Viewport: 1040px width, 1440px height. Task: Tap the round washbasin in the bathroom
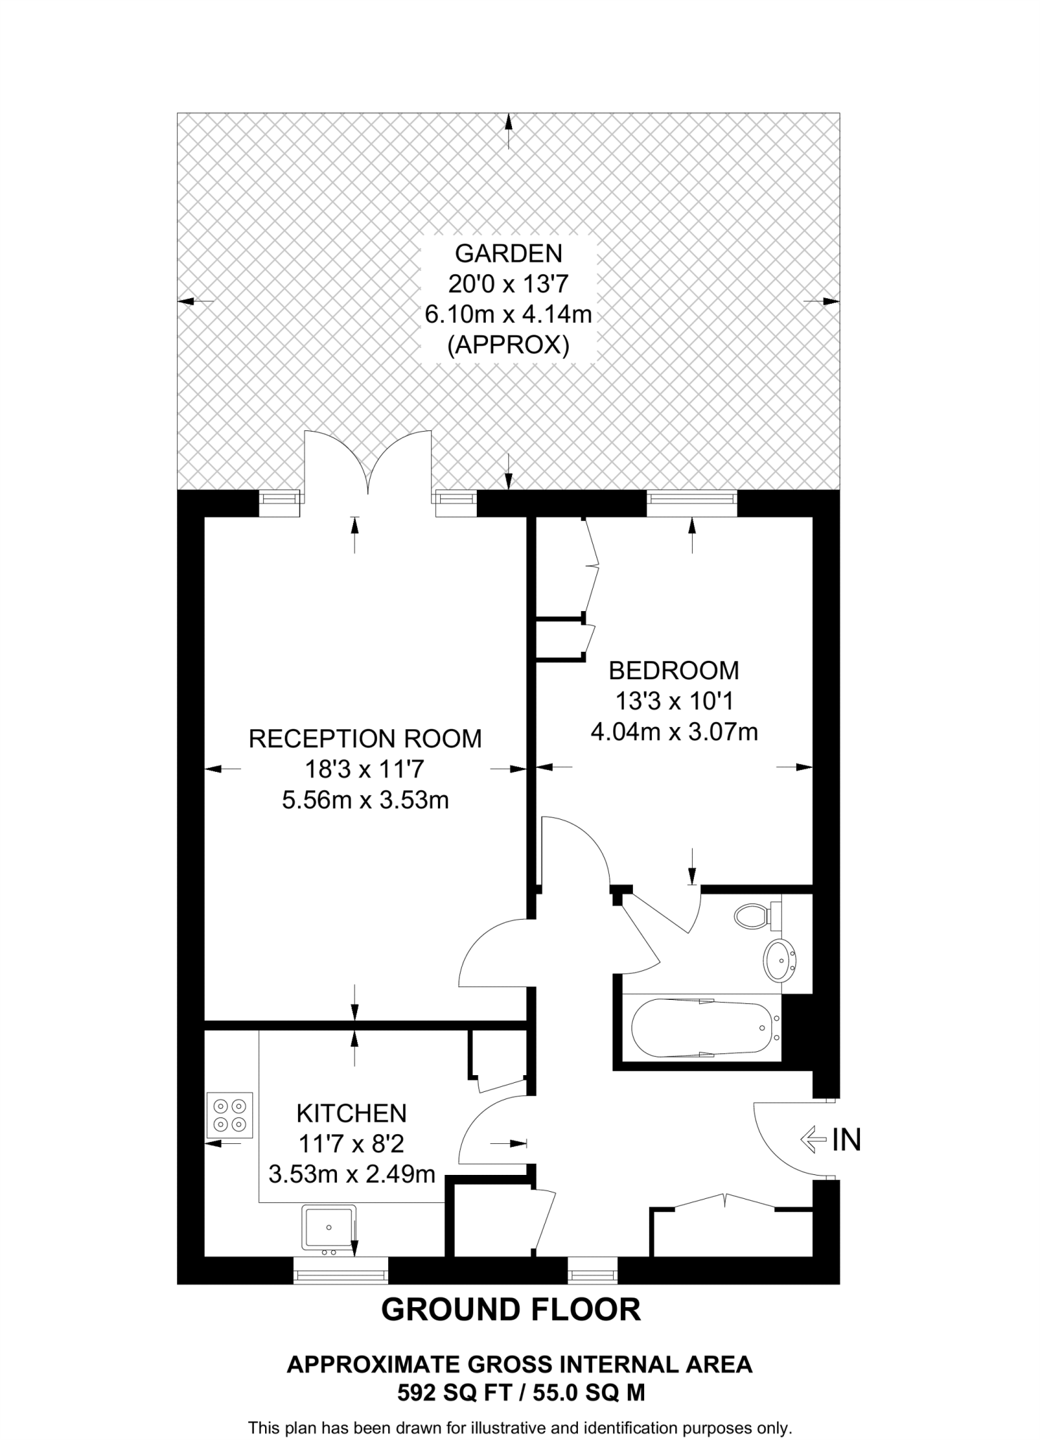[x=779, y=959]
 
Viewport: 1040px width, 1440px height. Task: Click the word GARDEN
[x=508, y=252]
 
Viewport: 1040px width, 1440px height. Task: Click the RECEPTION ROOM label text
[x=365, y=738]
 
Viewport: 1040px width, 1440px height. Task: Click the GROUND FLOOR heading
[x=511, y=1310]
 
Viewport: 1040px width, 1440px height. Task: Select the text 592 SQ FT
[x=443, y=1393]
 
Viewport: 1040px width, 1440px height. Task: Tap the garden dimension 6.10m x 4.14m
[x=508, y=314]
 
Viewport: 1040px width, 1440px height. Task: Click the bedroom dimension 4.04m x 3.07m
[x=674, y=732]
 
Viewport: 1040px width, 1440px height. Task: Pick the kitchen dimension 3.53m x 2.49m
[x=352, y=1174]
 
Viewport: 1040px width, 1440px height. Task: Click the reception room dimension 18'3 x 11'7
[x=365, y=769]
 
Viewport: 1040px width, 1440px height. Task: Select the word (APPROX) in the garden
[x=508, y=345]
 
